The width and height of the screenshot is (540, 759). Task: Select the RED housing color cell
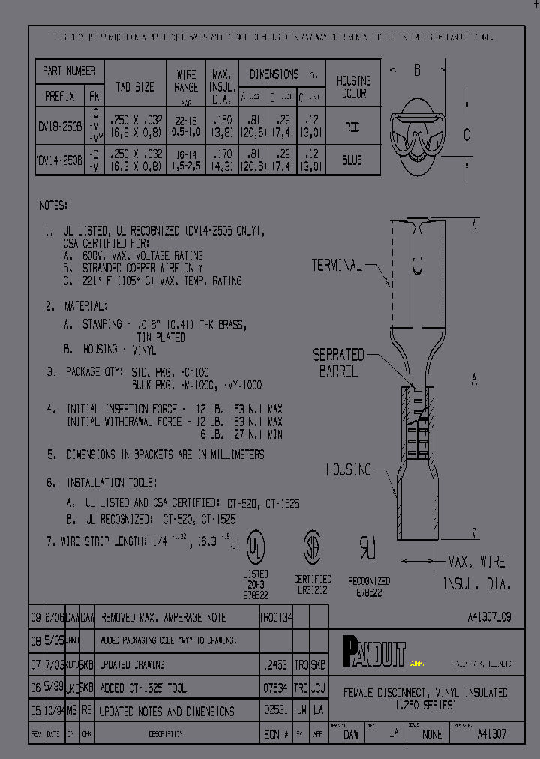click(x=352, y=128)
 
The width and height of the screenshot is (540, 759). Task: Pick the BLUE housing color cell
click(x=352, y=160)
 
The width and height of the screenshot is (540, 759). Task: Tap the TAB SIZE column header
click(x=134, y=87)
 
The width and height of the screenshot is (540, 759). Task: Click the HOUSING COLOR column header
click(x=353, y=87)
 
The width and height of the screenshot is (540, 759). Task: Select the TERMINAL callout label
click(x=337, y=265)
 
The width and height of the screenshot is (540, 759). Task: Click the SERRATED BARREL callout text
click(x=338, y=362)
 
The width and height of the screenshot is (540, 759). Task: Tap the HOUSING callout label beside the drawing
click(x=348, y=469)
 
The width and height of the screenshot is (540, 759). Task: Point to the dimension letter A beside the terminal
click(x=474, y=380)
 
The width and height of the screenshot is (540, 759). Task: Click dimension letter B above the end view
click(x=417, y=70)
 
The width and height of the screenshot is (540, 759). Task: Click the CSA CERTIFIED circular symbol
click(x=312, y=547)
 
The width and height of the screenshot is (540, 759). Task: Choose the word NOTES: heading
click(x=53, y=205)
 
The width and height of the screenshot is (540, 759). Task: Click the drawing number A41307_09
click(x=487, y=617)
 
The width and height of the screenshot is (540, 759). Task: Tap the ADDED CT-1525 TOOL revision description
click(x=142, y=688)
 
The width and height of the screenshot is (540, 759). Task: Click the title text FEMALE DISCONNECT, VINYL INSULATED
click(x=425, y=693)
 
